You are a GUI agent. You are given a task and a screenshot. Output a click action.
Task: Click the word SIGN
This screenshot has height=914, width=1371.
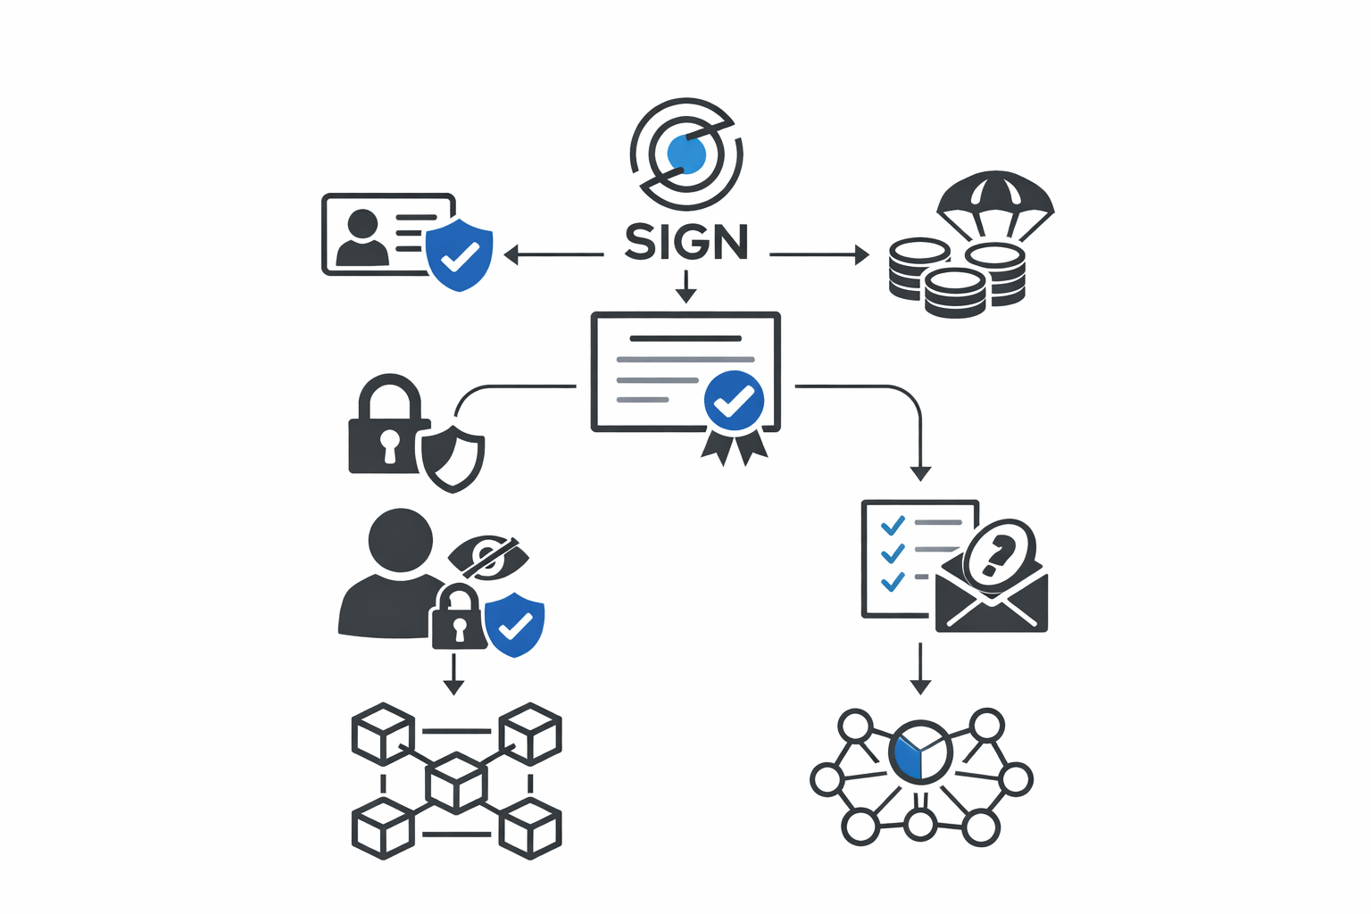(685, 242)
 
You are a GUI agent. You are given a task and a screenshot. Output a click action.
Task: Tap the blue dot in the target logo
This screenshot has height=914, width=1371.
(685, 154)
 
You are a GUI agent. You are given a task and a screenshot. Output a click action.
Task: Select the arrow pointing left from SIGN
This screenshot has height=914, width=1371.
(553, 255)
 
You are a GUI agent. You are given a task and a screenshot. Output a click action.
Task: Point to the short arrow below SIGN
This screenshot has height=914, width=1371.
(685, 287)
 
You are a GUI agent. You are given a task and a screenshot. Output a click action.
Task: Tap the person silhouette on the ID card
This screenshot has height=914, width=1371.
(362, 238)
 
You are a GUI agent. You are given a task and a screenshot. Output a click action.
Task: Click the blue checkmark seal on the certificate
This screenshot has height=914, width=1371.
(734, 402)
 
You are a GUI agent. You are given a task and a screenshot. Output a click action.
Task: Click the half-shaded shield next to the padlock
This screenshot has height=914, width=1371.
(453, 459)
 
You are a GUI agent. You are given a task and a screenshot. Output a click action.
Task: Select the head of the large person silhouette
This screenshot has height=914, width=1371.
(401, 540)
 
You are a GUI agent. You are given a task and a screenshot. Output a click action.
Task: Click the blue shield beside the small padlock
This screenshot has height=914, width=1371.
(514, 624)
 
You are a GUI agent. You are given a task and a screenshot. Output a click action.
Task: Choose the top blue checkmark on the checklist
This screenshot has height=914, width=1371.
(893, 525)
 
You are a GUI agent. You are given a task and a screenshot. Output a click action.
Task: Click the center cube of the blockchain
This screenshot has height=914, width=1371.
(457, 782)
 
